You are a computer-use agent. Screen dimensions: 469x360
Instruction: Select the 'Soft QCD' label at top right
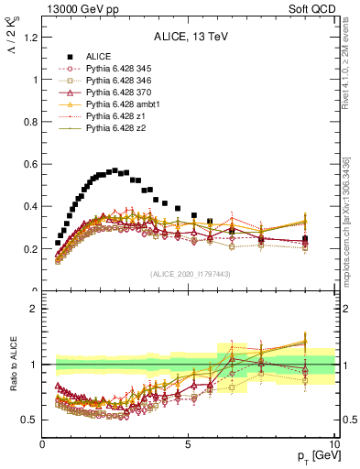coord(312,9)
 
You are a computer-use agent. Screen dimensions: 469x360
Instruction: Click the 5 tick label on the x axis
coord(189,444)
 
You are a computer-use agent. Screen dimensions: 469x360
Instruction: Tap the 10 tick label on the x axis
coord(333,444)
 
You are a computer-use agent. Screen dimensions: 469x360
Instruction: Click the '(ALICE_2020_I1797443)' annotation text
coord(190,274)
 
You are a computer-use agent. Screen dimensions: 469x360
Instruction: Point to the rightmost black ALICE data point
coord(305,240)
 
